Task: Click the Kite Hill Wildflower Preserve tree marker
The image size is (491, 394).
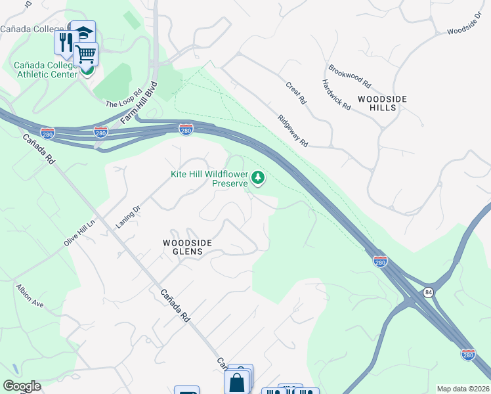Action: point(259,177)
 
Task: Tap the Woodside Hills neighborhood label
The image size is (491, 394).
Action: point(382,103)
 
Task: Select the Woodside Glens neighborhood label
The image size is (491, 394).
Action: point(187,247)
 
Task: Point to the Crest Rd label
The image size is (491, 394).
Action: point(296,93)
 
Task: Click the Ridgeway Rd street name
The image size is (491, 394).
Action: point(293,131)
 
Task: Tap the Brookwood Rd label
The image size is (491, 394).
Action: point(351,77)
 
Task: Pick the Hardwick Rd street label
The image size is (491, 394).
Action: point(336,95)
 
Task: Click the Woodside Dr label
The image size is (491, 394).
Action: point(464,22)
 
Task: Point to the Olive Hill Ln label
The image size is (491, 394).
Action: point(80,232)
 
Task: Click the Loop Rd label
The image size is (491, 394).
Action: point(124,99)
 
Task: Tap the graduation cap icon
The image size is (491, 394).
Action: point(84,32)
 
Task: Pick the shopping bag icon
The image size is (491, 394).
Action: point(237,382)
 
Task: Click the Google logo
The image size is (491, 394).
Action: point(22,386)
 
